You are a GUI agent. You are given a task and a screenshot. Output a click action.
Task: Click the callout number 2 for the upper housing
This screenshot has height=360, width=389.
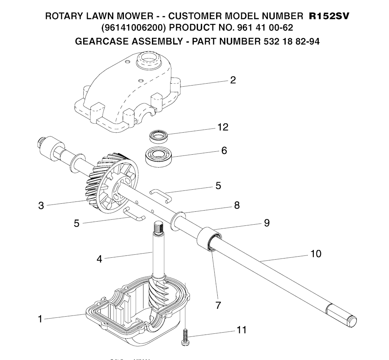tap(233, 80)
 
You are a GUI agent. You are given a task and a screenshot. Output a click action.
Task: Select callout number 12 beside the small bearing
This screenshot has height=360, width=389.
tap(223, 127)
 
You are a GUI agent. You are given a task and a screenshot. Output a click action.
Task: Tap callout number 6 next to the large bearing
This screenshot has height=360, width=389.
tap(224, 151)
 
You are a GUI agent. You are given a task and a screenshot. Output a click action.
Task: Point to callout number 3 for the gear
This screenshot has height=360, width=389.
tap(41, 206)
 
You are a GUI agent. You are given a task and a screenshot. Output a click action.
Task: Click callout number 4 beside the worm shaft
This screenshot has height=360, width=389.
tap(100, 259)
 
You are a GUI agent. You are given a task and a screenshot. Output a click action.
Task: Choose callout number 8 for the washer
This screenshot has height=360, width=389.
tap(237, 205)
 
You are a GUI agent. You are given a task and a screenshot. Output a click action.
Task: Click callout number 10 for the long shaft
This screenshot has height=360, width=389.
tap(316, 253)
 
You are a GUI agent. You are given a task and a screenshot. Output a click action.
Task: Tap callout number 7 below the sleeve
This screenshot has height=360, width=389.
tap(218, 305)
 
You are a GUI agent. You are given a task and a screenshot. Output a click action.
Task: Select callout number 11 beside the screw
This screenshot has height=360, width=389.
tap(242, 330)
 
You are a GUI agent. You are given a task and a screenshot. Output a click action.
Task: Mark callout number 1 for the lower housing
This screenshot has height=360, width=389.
tap(40, 319)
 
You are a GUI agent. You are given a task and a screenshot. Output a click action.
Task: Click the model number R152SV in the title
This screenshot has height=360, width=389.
tap(329, 16)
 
